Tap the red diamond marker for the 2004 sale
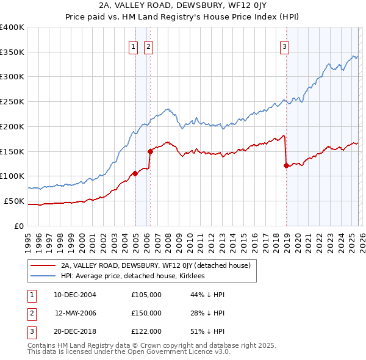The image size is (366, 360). tap(135, 173)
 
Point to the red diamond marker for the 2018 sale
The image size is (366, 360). tap(286, 165)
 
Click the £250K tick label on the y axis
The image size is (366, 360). tap(12, 101)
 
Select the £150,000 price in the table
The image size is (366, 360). tap(146, 313)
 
